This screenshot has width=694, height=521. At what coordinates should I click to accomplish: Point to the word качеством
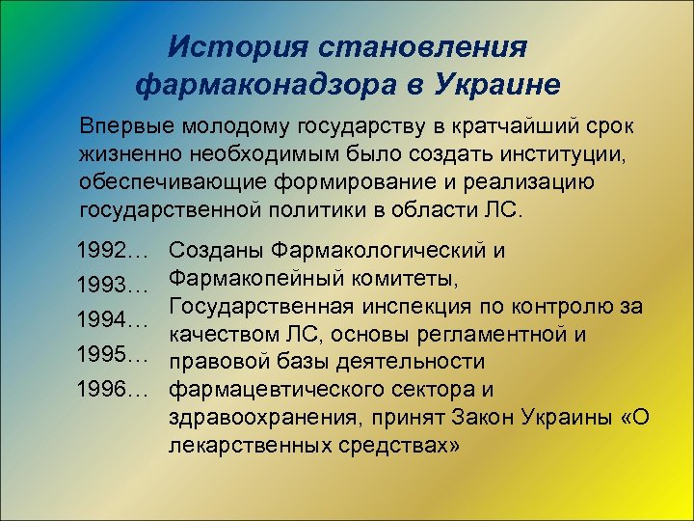221,335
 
